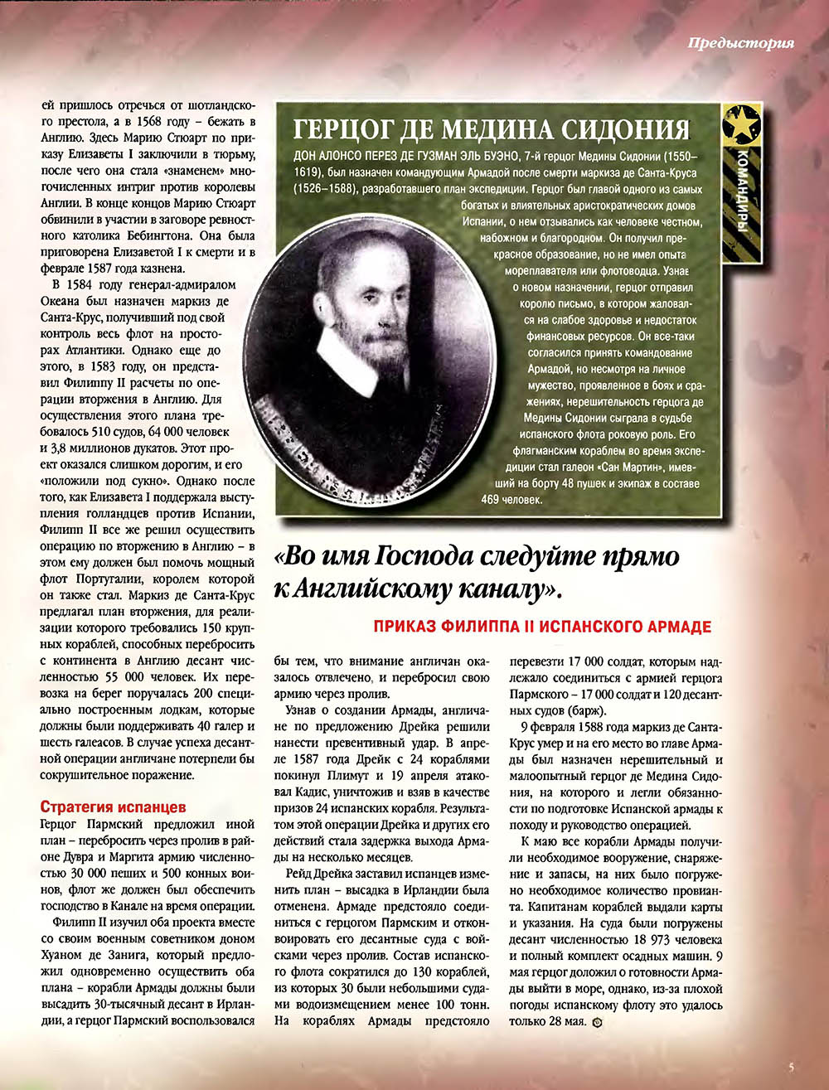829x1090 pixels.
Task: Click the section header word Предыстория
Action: coord(740,43)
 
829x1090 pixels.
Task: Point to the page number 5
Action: coord(791,1068)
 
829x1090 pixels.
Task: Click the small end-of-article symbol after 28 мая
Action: coord(599,1021)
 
